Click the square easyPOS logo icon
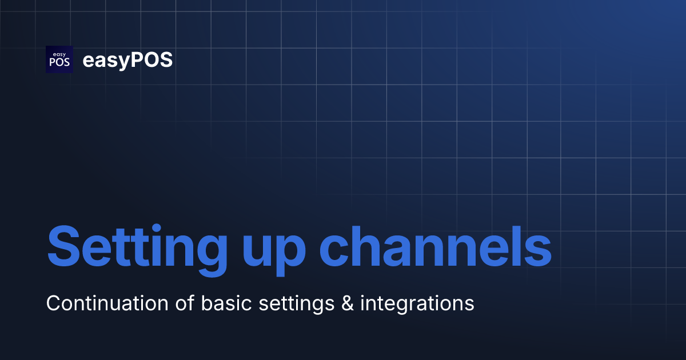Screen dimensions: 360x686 coord(59,59)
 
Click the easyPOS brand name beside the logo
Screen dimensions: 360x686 coord(127,60)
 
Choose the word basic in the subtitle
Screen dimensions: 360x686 coord(228,303)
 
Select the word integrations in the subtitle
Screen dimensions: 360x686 coord(417,304)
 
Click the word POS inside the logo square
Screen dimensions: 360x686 coord(59,63)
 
